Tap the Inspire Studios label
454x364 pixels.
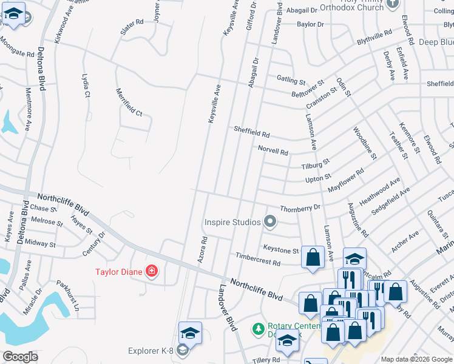click(232, 222)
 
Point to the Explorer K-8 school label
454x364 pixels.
click(151, 351)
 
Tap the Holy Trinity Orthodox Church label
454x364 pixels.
click(353, 5)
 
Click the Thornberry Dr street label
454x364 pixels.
click(300, 207)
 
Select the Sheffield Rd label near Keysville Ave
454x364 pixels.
click(251, 132)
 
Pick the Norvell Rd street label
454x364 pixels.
click(273, 150)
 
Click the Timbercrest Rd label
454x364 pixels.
click(258, 260)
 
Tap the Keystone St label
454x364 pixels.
click(280, 249)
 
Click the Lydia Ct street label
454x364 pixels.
click(86, 86)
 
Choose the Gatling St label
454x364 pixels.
click(291, 79)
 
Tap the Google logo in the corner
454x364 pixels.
click(21, 357)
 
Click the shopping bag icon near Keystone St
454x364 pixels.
click(313, 257)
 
